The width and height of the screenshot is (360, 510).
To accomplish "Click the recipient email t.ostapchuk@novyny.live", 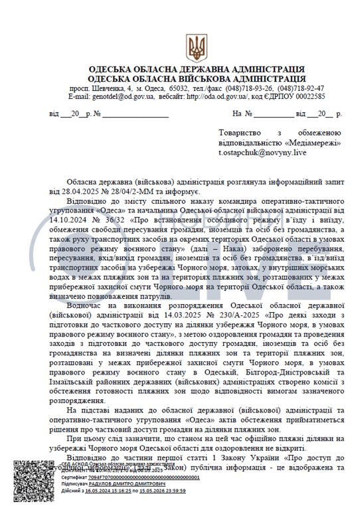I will pos(262,152).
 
